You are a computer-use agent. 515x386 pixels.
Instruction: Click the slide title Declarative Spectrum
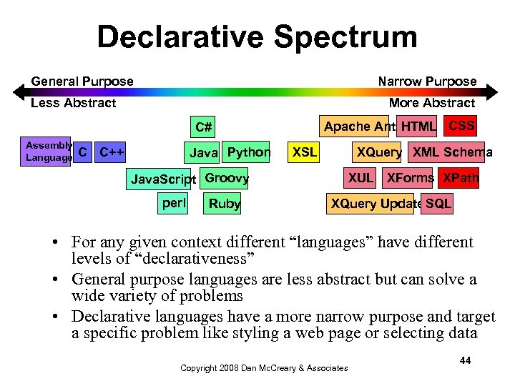tap(257, 37)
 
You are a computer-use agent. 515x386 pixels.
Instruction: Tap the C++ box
tap(112, 152)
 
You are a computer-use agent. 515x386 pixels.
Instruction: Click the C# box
tap(203, 127)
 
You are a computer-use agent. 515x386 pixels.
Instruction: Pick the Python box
tap(247, 152)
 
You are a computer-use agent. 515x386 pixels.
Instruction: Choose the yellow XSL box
tap(305, 152)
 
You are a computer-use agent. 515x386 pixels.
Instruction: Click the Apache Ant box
tap(355, 127)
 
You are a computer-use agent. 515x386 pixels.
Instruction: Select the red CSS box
tap(461, 126)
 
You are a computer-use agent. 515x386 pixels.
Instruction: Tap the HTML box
tap(418, 127)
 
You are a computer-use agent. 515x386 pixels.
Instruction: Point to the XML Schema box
tap(452, 152)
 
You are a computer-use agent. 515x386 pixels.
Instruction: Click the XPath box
tap(459, 178)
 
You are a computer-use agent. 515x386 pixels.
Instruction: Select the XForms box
tap(410, 178)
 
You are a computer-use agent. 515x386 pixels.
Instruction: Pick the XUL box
tap(361, 178)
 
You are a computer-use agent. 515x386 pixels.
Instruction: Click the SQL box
tap(438, 204)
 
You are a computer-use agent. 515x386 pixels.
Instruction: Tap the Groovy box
tap(226, 178)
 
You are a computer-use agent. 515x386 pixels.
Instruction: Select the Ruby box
tap(224, 204)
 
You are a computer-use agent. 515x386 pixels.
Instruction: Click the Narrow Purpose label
tap(427, 81)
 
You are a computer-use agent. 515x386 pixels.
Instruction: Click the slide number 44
tap(465, 360)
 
